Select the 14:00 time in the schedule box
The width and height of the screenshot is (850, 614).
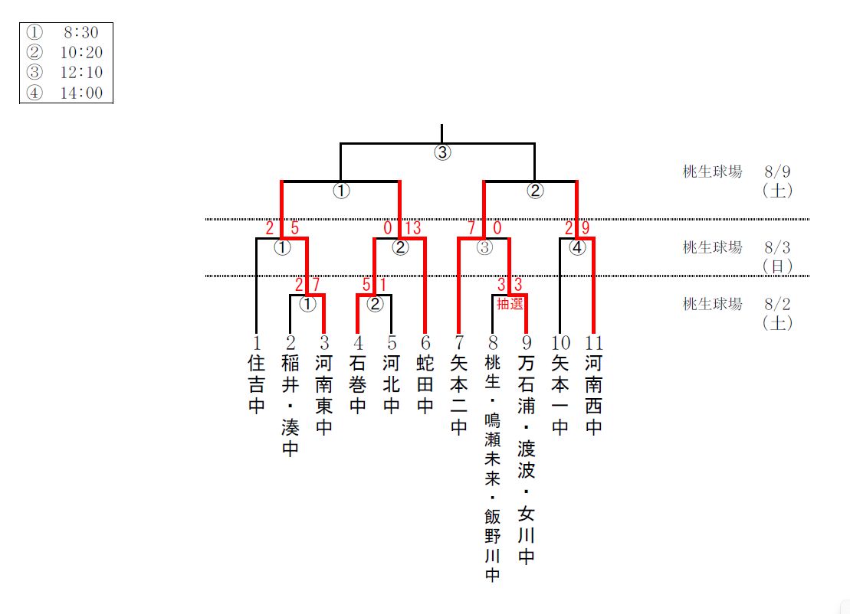tap(81, 93)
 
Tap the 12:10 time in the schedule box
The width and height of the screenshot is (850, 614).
tap(81, 73)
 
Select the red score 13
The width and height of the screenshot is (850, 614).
tap(412, 228)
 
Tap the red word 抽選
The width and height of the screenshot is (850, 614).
tap(510, 304)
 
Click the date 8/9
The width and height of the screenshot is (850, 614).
tap(778, 171)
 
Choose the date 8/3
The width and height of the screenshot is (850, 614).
tap(778, 247)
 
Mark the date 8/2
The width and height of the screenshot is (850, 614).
tap(778, 304)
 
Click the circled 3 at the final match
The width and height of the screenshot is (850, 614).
tap(442, 152)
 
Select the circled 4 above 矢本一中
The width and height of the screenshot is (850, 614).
tap(577, 247)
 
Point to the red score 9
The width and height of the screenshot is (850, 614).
tap(586, 228)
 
